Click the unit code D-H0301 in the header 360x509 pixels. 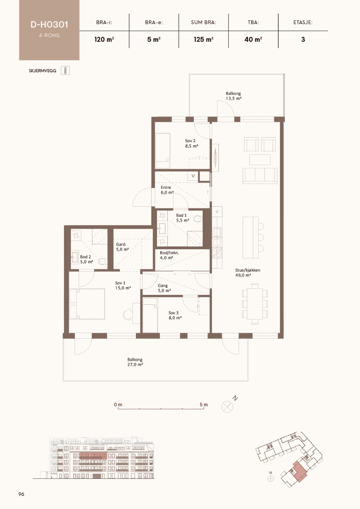click(50, 25)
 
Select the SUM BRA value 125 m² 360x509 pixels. click(204, 40)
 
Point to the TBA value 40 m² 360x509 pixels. click(253, 40)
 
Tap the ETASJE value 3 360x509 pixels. click(303, 40)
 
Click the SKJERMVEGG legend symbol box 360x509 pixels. click(65, 71)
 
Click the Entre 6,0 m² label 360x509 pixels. click(167, 190)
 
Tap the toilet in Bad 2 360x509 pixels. click(103, 262)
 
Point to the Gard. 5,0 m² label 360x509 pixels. click(122, 247)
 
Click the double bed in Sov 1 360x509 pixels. click(87, 304)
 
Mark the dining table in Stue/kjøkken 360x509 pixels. click(255, 304)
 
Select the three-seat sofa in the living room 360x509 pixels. click(260, 176)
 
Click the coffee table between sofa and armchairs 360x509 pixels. click(260, 159)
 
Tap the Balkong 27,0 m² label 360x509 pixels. click(135, 362)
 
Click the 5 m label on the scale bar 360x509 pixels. click(204, 404)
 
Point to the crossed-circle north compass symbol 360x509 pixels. click(227, 406)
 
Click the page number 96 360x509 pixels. click(21, 494)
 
